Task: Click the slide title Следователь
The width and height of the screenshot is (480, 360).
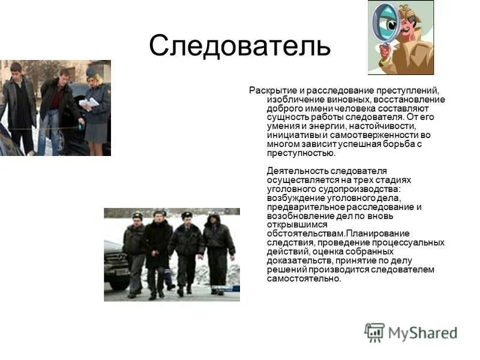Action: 239,46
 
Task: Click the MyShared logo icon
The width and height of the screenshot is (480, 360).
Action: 374,332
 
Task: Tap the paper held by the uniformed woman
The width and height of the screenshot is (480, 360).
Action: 88,103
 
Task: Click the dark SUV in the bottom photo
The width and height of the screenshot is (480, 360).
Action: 115,264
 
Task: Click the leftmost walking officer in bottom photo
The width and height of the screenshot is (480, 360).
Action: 134,252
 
